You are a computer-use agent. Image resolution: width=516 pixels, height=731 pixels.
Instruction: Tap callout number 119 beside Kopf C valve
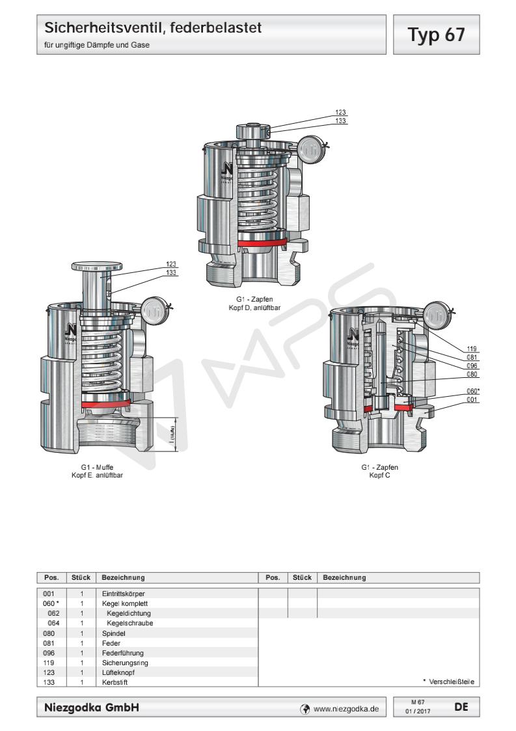[472, 349]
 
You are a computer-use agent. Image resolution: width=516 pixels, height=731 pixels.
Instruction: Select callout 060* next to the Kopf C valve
[472, 391]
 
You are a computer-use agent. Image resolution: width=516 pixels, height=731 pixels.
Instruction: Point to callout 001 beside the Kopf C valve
[472, 399]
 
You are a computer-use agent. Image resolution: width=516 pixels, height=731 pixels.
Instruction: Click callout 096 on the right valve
[472, 365]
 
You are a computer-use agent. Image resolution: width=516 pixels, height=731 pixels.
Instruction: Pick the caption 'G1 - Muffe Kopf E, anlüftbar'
[102, 472]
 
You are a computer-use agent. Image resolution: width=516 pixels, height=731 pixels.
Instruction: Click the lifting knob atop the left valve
[98, 266]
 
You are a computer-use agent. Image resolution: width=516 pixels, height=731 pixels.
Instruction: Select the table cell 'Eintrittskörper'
[123, 594]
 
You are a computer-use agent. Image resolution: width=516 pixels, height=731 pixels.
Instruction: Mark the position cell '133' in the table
[49, 682]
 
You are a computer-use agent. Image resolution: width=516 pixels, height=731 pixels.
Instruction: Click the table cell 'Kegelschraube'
[129, 623]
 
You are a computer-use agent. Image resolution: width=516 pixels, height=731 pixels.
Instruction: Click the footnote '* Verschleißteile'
[448, 682]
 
